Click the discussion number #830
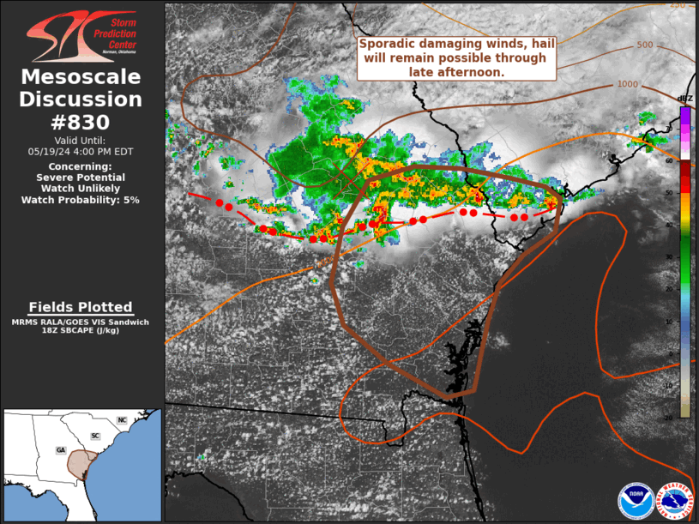81,122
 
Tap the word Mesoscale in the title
81,77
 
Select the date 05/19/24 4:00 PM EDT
81,150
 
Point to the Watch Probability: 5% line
81,199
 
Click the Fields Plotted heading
81,307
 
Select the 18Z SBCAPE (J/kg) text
81,329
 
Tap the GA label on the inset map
60,449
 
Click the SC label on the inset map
95,436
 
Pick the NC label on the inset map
122,420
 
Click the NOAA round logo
636,502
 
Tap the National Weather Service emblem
675,502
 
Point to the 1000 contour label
627,84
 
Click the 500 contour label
645,45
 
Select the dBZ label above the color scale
684,98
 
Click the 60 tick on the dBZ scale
668,160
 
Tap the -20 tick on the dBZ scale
668,418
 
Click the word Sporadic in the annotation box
388,45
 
